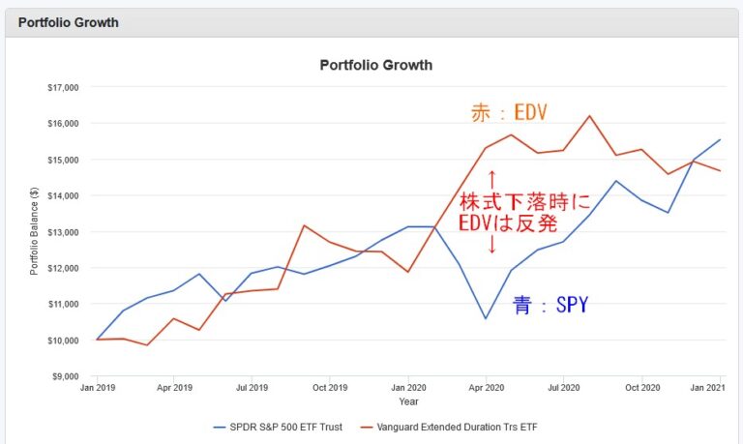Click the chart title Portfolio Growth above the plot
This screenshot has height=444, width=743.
[375, 65]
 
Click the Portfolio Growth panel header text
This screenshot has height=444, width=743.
[68, 22]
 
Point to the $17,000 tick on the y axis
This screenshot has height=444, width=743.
[62, 87]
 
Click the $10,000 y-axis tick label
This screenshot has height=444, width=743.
[62, 340]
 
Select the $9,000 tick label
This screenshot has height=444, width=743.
[64, 376]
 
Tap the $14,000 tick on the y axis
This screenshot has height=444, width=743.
[62, 195]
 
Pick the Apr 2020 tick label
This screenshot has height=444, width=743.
[487, 387]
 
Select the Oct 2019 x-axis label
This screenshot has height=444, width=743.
[330, 387]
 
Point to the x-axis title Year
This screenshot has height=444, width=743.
[408, 400]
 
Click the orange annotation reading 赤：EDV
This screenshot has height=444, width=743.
[509, 113]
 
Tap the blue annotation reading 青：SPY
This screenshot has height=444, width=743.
[550, 306]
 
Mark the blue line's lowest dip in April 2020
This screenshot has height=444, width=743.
[487, 318]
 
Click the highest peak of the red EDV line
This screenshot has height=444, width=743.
[589, 116]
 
